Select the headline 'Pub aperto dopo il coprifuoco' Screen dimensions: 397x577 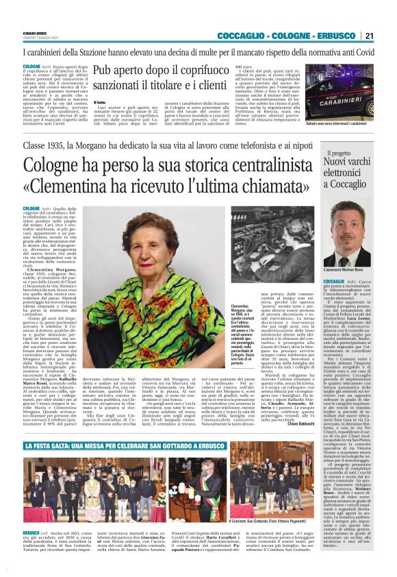tap(160, 71)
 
